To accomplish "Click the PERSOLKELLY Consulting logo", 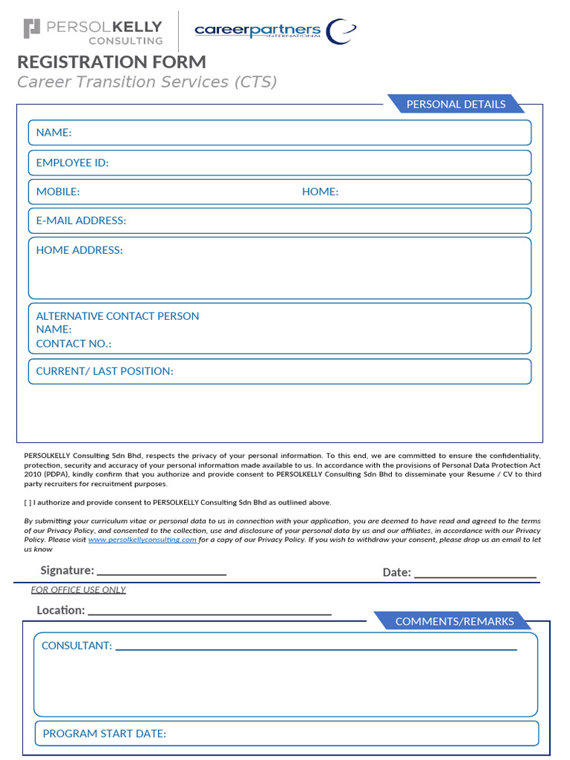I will tap(94, 31).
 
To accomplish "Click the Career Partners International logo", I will tap(275, 31).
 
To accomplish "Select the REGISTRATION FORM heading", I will tap(111, 62).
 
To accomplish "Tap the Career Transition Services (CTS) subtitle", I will tap(147, 82).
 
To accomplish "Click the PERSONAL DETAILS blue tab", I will tap(456, 104).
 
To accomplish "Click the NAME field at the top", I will tap(280, 133).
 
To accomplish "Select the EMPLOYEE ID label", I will tap(72, 163).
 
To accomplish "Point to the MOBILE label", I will tap(58, 191).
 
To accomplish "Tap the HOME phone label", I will tap(320, 191).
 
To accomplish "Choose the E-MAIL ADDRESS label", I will tap(81, 220).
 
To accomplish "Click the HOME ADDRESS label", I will tap(79, 250).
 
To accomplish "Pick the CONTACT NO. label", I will tap(73, 344).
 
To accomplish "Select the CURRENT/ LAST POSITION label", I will tap(105, 371).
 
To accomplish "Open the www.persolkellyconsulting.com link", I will tap(142, 540).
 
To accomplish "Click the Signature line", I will tap(161, 571).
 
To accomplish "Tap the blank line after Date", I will tap(475, 573).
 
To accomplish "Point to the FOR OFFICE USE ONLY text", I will tap(78, 590).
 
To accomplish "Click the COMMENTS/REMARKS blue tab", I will tap(453, 621).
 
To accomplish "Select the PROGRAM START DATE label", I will tap(105, 733).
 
